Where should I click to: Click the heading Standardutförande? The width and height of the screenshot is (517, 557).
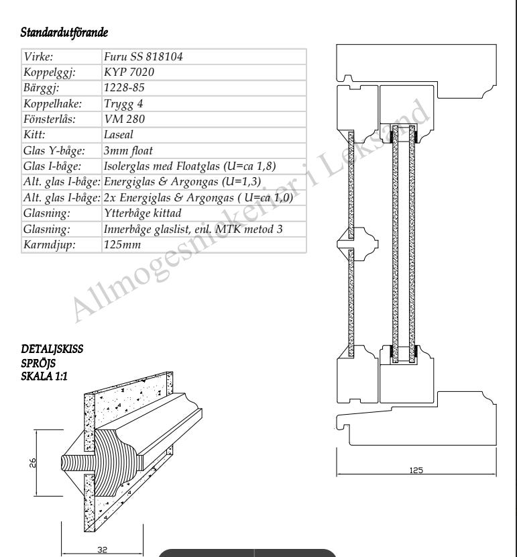[64, 32]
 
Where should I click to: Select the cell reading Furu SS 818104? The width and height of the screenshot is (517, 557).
[143, 56]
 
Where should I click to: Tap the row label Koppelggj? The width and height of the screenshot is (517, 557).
[50, 72]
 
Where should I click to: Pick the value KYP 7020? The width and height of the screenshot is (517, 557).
[129, 72]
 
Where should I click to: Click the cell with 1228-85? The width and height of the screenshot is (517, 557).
[124, 88]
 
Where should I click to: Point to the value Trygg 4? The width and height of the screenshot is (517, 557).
[123, 104]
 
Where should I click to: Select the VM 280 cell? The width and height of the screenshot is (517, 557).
[124, 119]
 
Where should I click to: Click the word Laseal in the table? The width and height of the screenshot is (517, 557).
[119, 135]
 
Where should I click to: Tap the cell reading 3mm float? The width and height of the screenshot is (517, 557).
[128, 150]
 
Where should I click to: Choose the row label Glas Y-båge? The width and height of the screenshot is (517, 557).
[54, 150]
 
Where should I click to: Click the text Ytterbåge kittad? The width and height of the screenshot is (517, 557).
[143, 213]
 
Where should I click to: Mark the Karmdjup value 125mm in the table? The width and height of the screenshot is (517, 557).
[123, 244]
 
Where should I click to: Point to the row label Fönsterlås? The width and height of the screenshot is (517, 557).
[50, 119]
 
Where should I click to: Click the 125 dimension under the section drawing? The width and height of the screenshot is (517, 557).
[416, 470]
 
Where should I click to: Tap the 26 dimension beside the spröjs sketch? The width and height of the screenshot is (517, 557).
[32, 462]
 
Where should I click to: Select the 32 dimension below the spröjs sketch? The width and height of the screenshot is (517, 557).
[102, 550]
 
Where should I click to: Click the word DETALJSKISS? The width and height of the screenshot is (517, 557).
[52, 349]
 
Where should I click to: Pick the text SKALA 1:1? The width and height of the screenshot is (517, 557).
[44, 376]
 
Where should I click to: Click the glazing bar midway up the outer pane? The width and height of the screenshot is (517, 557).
[357, 244]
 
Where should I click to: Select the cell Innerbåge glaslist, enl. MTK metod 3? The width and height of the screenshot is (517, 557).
[193, 229]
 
